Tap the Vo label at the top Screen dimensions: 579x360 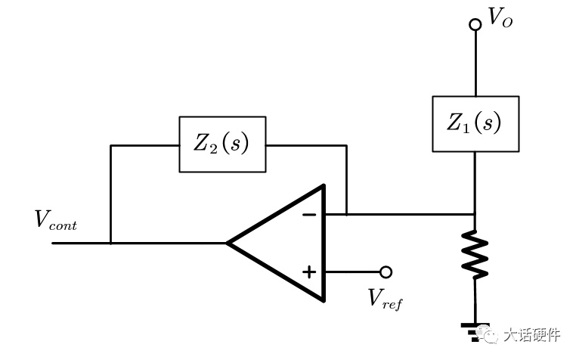[x=500, y=17]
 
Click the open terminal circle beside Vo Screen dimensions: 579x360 [x=475, y=24]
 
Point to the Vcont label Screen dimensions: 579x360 [x=55, y=220]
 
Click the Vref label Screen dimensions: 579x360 [x=385, y=299]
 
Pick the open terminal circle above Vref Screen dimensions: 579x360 [x=386, y=272]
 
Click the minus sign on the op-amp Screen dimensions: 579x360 [x=309, y=214]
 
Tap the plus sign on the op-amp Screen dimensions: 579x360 [x=309, y=272]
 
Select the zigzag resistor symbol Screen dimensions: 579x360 [x=475, y=254]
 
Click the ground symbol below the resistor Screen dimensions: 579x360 [x=475, y=331]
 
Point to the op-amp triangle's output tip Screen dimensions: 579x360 [x=227, y=244]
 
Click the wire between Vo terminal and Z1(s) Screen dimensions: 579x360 [x=475, y=64]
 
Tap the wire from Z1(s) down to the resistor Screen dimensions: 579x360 [x=475, y=191]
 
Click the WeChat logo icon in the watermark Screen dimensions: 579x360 [x=487, y=334]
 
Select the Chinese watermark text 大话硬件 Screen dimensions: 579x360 [x=531, y=335]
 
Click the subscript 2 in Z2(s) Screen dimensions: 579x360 [x=213, y=148]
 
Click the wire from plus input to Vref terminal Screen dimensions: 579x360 [x=352, y=272]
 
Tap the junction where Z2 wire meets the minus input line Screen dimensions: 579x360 [x=346, y=214]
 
